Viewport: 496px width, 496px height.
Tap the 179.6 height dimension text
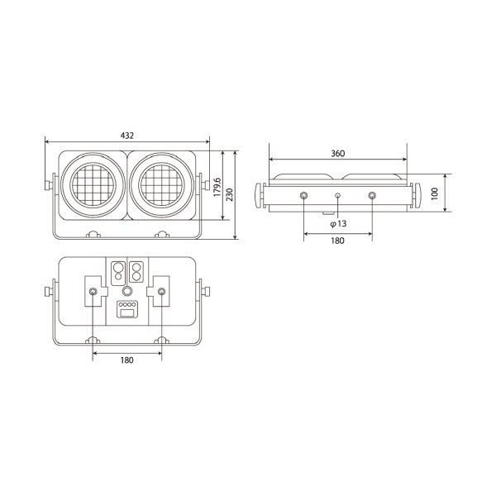click(x=217, y=187)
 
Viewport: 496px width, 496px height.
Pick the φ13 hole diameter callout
click(x=337, y=224)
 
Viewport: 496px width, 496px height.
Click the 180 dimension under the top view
click(x=337, y=241)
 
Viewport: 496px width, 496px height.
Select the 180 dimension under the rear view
click(x=126, y=360)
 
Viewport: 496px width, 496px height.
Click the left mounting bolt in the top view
click(x=304, y=196)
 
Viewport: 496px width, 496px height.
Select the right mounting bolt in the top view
click(x=371, y=196)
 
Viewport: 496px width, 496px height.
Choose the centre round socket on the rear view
click(x=126, y=291)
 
